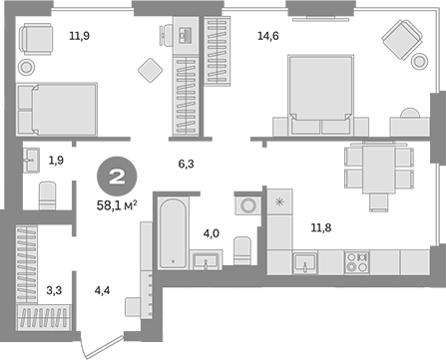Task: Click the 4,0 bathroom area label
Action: [211, 234]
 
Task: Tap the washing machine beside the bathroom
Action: [245, 206]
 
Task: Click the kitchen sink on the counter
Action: [304, 262]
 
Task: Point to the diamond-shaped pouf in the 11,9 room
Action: [150, 70]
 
